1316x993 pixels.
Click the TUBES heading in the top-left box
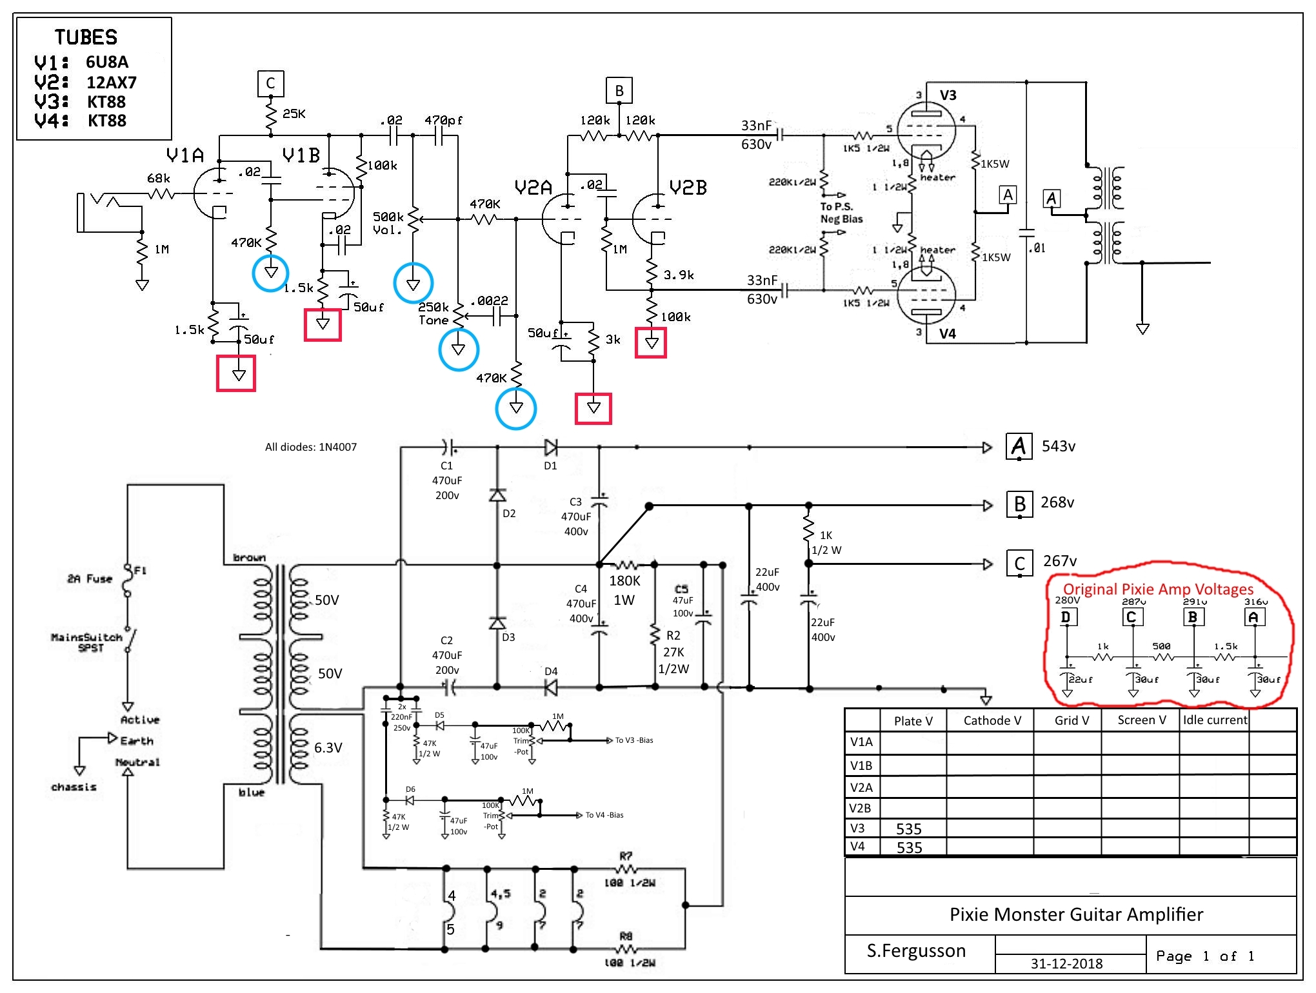point(86,37)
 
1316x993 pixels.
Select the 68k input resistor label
point(159,179)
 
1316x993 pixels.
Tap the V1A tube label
point(184,155)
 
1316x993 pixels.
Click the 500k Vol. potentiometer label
point(388,223)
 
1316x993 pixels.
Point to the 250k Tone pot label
point(433,313)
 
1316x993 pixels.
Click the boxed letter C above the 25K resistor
point(270,83)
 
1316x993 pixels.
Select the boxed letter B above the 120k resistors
point(619,91)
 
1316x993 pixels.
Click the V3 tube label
point(948,95)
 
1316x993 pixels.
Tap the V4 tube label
point(947,334)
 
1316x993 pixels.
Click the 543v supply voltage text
point(1059,446)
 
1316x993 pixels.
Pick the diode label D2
point(509,514)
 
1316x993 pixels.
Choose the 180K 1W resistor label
point(624,590)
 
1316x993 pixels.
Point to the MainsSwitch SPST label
point(86,642)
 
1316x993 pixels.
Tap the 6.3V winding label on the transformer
point(328,748)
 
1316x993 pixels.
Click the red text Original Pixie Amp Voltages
point(1158,589)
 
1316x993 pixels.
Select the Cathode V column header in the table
point(992,720)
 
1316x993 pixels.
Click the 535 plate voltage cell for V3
point(908,829)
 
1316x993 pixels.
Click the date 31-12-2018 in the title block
point(1066,963)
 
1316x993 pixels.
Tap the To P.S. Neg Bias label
point(841,213)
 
